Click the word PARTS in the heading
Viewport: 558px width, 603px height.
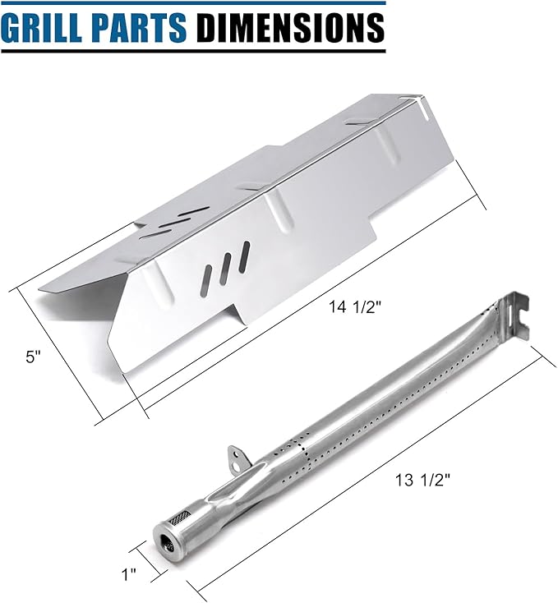(136, 28)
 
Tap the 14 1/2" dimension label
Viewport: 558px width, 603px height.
(354, 307)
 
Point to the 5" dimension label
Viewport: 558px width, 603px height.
(33, 357)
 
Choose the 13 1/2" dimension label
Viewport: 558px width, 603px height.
(422, 480)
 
